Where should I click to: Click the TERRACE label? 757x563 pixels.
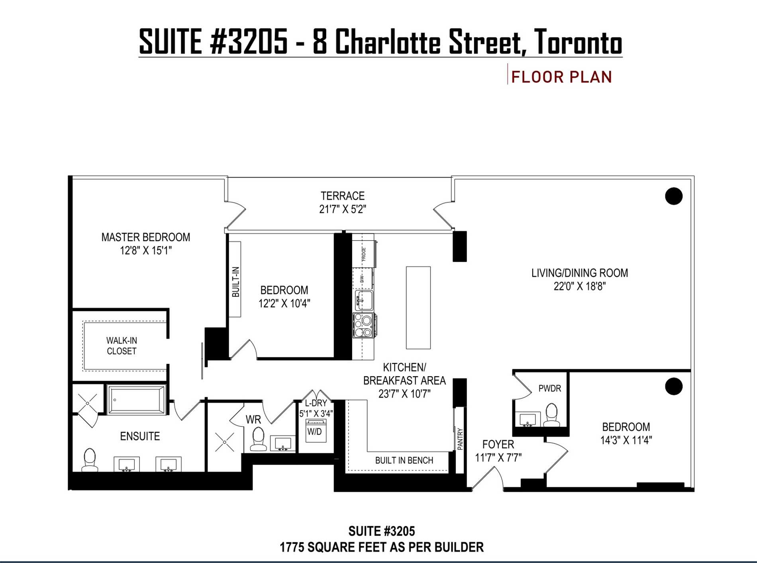tap(343, 196)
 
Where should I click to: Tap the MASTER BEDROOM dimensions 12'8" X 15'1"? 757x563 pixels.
tap(146, 251)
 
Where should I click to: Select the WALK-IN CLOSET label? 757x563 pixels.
tap(122, 346)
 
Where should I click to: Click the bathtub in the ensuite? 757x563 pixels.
tap(136, 400)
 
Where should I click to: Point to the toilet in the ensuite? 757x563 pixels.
tap(90, 460)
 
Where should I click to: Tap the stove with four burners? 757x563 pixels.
tap(365, 325)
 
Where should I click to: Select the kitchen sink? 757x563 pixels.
tap(364, 300)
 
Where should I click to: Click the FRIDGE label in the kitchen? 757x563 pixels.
tap(363, 254)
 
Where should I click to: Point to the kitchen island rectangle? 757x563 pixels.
tap(418, 308)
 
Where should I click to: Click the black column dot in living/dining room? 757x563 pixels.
tap(674, 196)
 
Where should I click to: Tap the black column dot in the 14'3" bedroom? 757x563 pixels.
tap(674, 386)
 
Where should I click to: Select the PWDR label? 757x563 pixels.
tap(550, 388)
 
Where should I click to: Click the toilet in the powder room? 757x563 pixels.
tap(552, 415)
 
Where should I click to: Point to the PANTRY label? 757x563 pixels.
tap(460, 439)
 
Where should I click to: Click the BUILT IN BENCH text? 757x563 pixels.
tap(404, 461)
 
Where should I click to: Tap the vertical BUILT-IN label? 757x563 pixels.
tap(235, 282)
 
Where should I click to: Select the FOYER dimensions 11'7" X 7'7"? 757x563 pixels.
tap(498, 458)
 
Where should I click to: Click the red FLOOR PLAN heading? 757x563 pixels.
tap(561, 77)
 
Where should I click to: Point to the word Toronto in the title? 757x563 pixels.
tap(578, 42)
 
